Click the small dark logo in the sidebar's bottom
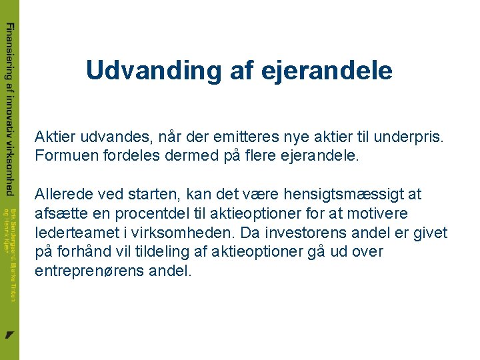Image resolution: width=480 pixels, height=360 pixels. [9, 334]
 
